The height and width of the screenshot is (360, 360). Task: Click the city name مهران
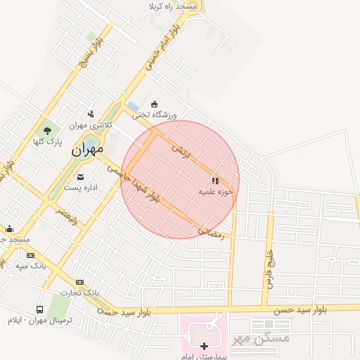87,149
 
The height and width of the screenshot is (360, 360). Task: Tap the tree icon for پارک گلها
48,130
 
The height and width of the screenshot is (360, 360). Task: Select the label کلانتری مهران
91,125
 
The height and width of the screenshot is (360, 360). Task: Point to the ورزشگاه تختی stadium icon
155,104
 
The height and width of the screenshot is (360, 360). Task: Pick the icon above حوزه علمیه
215,181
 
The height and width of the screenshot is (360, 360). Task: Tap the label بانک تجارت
79,292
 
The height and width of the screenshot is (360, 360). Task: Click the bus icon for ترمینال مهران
39,309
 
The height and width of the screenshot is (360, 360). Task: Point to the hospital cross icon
205,346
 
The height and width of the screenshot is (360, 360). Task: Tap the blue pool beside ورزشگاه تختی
134,107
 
